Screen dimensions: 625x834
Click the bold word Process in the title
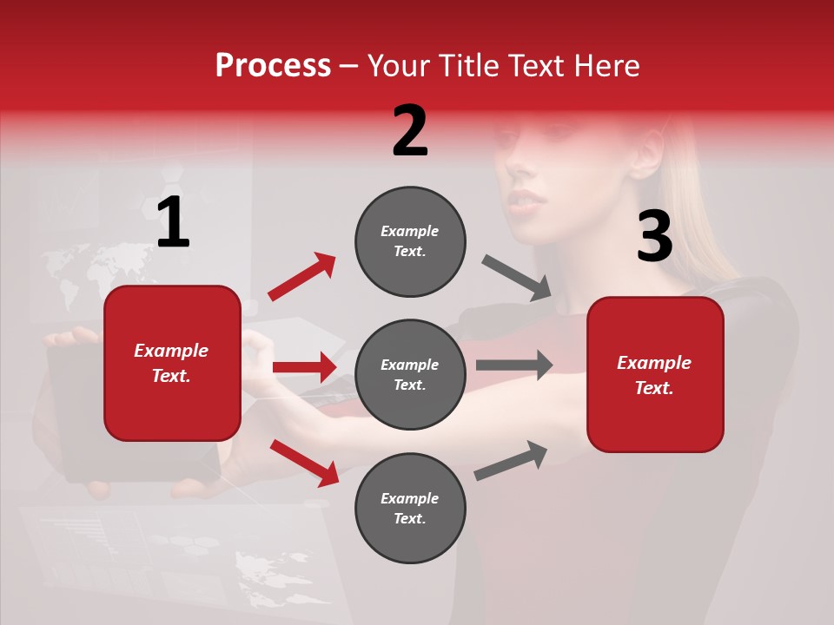273,66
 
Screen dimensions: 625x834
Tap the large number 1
173,223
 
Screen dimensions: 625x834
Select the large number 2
410,131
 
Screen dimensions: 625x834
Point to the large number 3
655,237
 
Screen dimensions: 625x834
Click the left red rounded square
172,363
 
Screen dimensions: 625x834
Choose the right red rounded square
655,375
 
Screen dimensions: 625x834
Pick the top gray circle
410,241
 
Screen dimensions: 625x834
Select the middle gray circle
410,375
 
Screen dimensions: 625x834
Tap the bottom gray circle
410,509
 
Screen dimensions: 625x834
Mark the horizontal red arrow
304,367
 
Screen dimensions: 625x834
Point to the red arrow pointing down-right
304,463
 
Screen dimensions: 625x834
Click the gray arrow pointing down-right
517,278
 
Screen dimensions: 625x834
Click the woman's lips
527,201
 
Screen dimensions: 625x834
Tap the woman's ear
647,149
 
